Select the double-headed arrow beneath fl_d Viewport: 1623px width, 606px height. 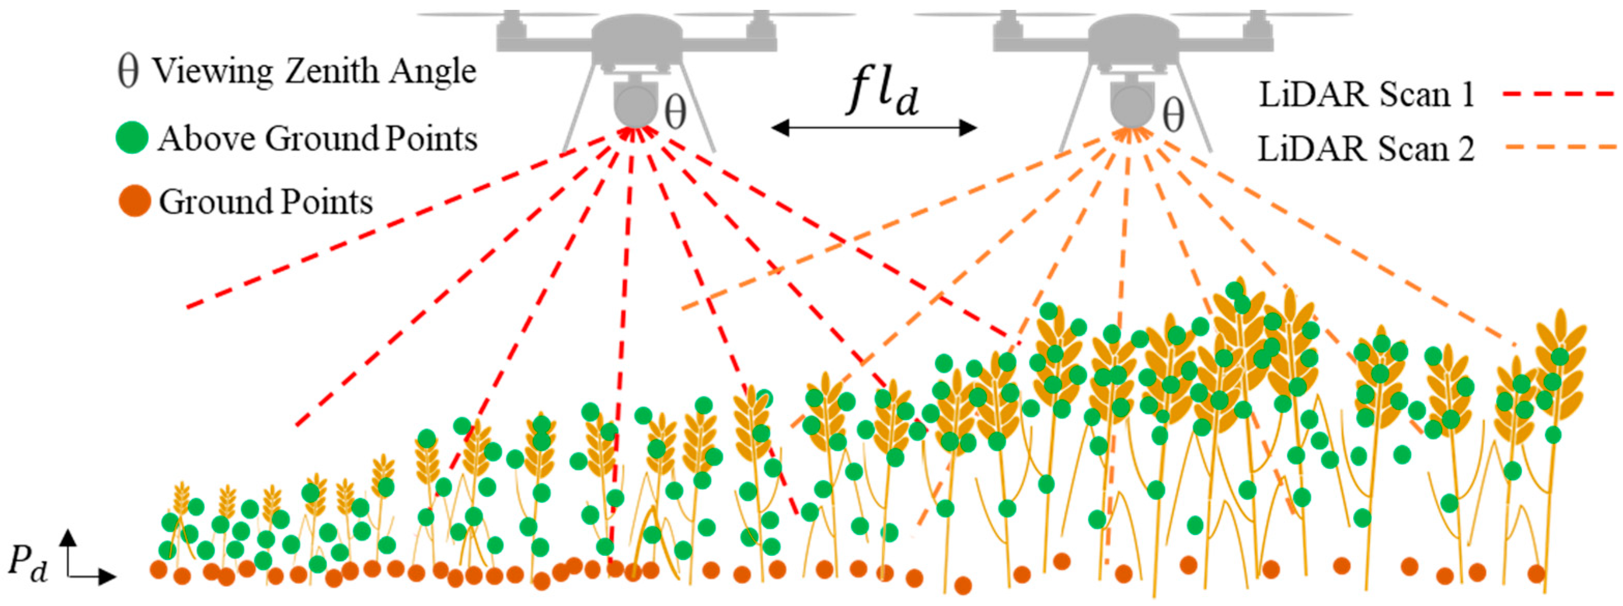[x=874, y=128]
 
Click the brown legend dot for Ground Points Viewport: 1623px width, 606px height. [x=134, y=202]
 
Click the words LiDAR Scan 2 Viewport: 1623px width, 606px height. [x=1365, y=149]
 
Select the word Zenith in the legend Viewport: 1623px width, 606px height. [x=331, y=70]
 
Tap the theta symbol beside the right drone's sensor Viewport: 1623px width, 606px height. [x=1173, y=116]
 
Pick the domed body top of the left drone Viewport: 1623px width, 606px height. [x=636, y=28]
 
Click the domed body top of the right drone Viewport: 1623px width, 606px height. [x=1133, y=28]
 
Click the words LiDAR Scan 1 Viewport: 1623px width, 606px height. [x=1365, y=95]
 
